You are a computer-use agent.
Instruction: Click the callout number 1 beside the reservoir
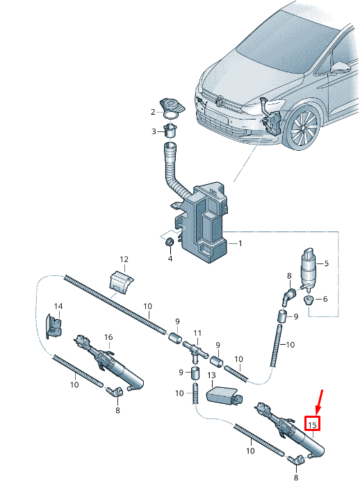240,244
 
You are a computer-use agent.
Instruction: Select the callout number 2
153,112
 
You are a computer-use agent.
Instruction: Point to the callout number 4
169,259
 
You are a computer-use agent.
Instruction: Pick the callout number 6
327,299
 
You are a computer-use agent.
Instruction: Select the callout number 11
197,333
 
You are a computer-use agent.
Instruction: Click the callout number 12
124,260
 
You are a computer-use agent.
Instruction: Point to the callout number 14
58,307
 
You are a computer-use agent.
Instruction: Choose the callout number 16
108,337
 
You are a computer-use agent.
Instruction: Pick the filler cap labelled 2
170,106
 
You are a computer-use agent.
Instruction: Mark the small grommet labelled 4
169,242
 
